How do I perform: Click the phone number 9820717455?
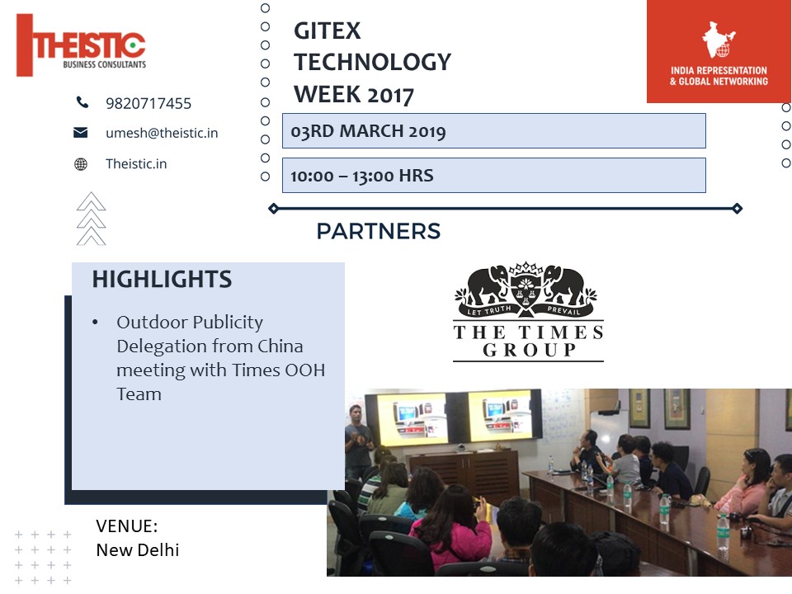coord(148,104)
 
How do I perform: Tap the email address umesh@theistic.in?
coord(162,133)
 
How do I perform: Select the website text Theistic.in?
coord(136,163)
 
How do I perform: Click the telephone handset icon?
coord(82,102)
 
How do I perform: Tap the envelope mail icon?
coord(80,132)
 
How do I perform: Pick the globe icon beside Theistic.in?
coord(81,164)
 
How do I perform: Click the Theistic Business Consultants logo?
coord(82,45)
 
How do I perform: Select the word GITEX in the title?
coord(328,31)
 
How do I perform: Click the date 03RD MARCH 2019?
coord(368,131)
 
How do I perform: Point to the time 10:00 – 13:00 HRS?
coord(361,176)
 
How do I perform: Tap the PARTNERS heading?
coord(379,231)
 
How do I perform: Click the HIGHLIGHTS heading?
coord(162,280)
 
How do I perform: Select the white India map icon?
coord(719,40)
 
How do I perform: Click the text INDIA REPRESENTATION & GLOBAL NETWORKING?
coord(719,76)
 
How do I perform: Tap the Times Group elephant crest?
coord(526,290)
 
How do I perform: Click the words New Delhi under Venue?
coord(138,550)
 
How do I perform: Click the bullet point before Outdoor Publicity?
coord(95,323)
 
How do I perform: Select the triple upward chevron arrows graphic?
coord(91,219)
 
